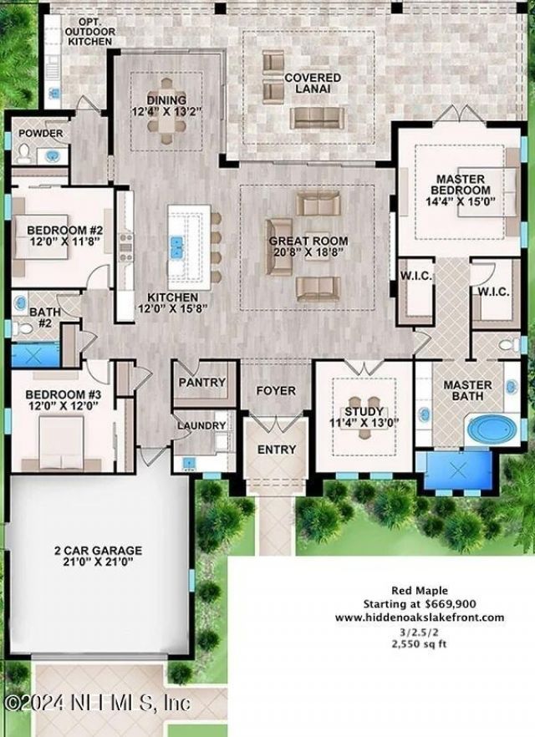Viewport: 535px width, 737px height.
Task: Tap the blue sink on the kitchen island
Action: coord(178,247)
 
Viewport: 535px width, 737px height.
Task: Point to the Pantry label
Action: coord(202,382)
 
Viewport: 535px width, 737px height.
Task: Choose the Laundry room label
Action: coord(201,425)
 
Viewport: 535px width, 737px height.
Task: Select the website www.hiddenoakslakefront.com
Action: coord(420,618)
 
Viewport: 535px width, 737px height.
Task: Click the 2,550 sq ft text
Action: coord(420,645)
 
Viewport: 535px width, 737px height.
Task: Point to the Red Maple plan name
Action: coord(420,590)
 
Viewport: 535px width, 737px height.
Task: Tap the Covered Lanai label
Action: coord(312,83)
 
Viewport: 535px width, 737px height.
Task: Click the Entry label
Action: coord(277,450)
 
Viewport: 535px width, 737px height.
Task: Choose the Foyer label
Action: coord(276,390)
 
